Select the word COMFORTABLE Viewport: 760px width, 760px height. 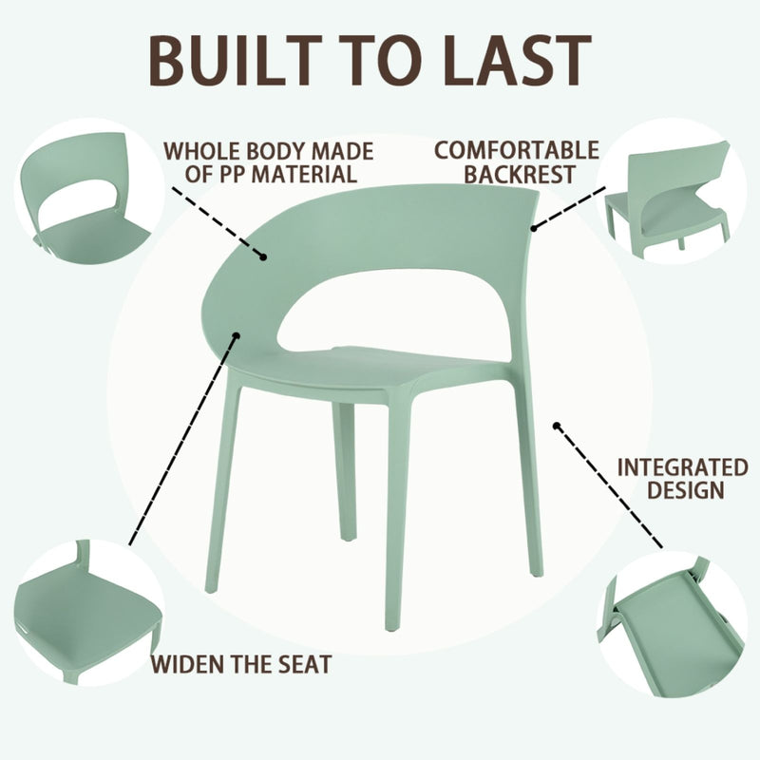[517, 150]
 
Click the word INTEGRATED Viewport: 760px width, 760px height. [682, 467]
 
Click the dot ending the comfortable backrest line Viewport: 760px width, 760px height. [535, 227]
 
